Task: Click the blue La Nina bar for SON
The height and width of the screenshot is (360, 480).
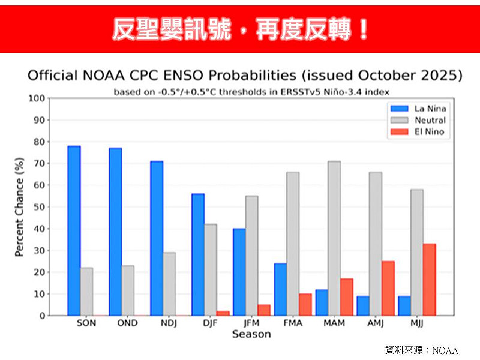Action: (x=74, y=230)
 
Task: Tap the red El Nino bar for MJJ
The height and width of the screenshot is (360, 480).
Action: (x=430, y=279)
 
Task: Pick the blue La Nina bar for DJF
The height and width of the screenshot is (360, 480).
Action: (x=198, y=254)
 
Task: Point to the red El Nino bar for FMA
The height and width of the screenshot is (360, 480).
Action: (x=305, y=304)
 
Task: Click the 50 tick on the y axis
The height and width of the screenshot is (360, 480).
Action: (x=40, y=207)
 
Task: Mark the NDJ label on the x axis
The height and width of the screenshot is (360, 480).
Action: (x=169, y=323)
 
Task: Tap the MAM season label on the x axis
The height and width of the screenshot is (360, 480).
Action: (x=334, y=323)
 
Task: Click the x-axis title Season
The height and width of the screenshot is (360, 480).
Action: (x=251, y=334)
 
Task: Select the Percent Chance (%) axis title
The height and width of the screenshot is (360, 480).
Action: (x=19, y=207)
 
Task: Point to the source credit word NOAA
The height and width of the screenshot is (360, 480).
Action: (x=445, y=350)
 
